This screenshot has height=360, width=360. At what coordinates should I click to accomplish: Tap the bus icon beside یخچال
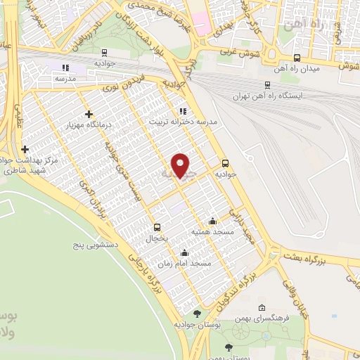click(x=157, y=227)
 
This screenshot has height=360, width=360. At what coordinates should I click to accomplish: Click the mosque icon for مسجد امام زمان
click(x=184, y=252)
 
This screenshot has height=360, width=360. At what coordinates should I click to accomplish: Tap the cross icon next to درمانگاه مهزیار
click(x=88, y=114)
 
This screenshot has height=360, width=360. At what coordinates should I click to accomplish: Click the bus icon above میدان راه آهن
click(x=297, y=58)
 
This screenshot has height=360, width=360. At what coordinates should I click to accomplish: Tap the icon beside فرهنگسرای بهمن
click(x=262, y=307)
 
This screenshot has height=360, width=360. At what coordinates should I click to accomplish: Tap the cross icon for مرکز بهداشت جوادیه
click(x=25, y=149)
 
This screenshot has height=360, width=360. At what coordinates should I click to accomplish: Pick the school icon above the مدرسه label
click(x=65, y=68)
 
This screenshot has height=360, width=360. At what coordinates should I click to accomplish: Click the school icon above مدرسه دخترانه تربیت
click(x=183, y=110)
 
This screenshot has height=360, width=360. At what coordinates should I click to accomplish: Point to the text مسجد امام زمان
click(x=184, y=264)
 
